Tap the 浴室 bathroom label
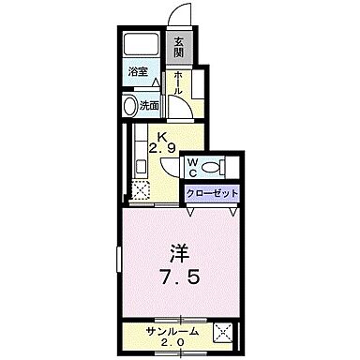(137, 71)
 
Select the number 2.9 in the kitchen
(162, 148)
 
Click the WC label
(192, 166)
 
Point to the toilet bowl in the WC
(211, 167)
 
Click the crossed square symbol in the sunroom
(223, 331)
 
